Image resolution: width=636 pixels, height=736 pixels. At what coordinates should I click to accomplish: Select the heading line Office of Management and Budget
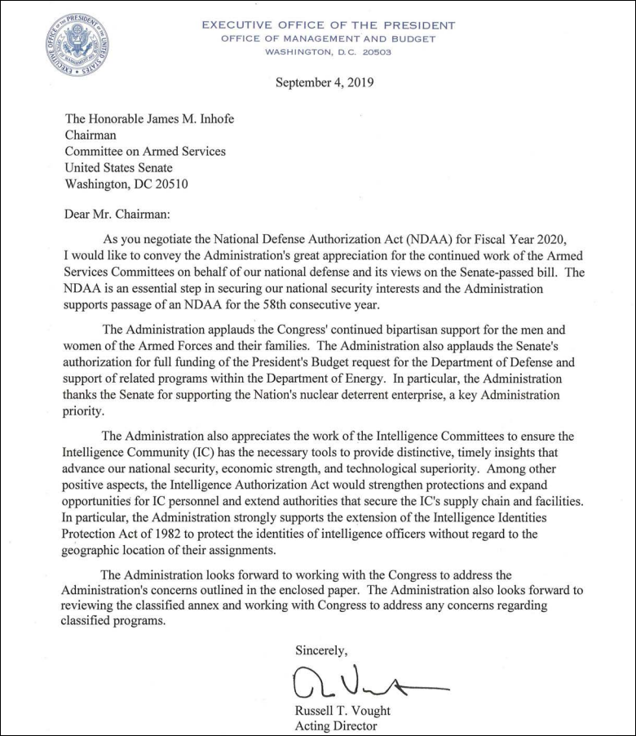[328, 38]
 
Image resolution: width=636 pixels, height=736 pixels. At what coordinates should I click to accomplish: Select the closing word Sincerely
[321, 650]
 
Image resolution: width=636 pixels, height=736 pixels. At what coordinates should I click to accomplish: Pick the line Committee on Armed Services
[145, 151]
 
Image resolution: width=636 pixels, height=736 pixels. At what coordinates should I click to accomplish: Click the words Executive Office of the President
[328, 24]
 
